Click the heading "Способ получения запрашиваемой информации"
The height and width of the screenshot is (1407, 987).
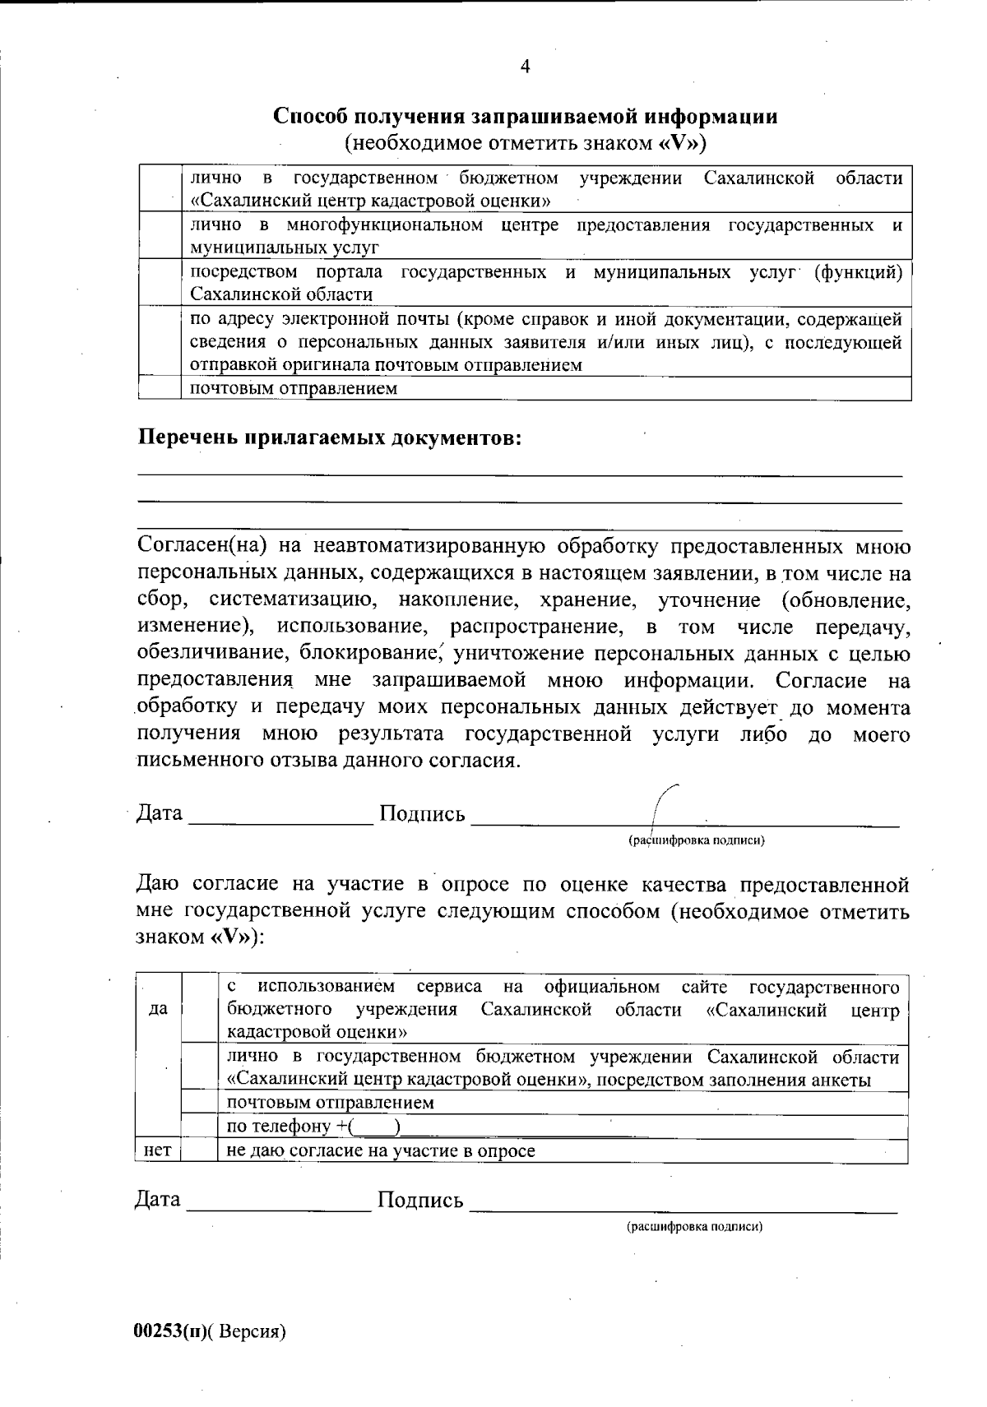point(526,116)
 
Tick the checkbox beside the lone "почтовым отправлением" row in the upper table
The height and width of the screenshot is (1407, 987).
point(160,388)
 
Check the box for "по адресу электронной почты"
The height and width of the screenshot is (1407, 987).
point(160,341)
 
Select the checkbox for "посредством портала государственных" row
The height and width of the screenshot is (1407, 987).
point(160,283)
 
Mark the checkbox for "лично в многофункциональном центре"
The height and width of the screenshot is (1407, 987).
point(160,236)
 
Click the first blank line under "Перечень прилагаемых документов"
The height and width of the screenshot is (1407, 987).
point(518,474)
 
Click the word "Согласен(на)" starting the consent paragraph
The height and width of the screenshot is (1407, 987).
point(196,546)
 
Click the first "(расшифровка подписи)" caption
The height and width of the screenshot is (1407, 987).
point(697,840)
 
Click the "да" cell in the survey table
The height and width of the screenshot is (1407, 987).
point(158,1009)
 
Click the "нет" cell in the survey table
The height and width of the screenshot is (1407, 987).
point(157,1150)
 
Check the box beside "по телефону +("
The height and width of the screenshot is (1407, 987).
point(200,1127)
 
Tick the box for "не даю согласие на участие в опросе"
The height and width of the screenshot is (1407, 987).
point(200,1150)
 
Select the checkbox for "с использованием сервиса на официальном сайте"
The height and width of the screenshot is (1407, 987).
point(200,1009)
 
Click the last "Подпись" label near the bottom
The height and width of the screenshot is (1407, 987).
point(420,1200)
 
